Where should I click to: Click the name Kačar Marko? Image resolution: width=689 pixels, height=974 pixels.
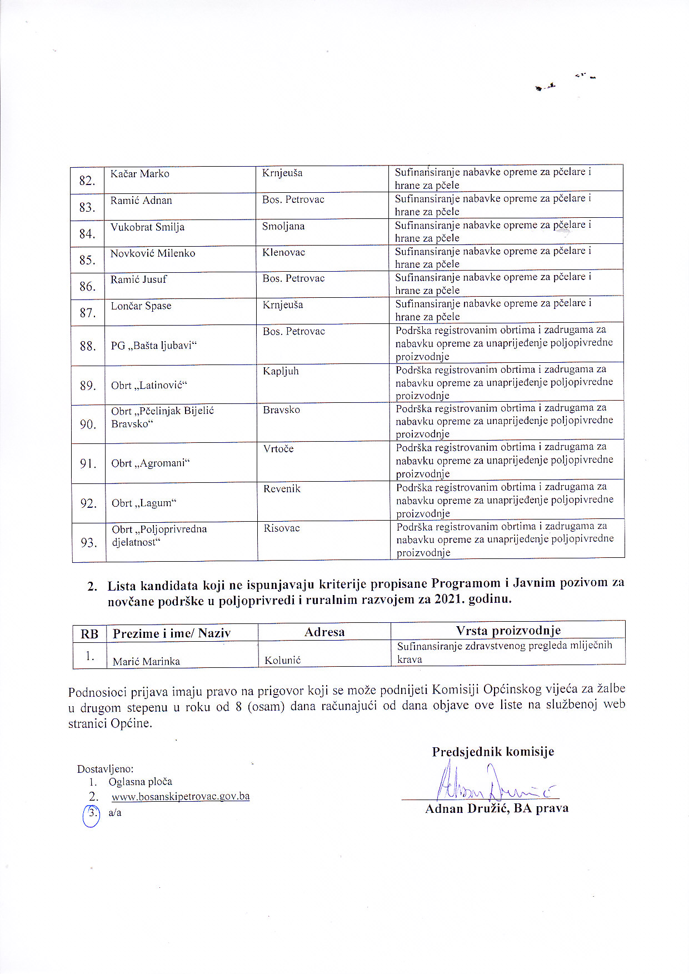tap(139, 174)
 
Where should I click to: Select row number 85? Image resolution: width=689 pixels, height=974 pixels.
tap(87, 260)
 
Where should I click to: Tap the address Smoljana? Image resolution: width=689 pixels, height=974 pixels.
tap(283, 227)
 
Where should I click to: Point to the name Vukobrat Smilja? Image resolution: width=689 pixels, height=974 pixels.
tap(147, 227)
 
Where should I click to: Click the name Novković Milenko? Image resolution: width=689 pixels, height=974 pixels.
tap(153, 253)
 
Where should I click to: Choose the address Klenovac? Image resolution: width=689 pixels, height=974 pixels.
tap(284, 253)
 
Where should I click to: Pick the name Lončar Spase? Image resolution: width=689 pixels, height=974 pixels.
tap(141, 306)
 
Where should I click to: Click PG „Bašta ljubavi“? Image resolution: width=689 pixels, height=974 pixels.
tap(154, 346)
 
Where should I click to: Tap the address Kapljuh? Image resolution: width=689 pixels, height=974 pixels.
tap(281, 371)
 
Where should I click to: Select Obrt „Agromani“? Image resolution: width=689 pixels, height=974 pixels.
tap(151, 463)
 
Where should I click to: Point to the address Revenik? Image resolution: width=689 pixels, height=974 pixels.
tap(282, 489)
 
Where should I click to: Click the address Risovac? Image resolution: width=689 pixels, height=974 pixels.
tap(282, 528)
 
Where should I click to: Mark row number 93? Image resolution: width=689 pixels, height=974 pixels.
tap(88, 542)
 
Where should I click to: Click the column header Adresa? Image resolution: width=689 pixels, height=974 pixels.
tap(324, 632)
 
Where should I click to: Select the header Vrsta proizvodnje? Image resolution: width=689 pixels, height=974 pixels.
tap(508, 631)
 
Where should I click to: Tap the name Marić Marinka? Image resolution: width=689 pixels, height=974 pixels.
tap(146, 661)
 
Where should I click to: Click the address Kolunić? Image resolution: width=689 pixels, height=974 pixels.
tap(283, 660)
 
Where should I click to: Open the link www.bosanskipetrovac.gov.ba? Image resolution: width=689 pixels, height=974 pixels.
tap(181, 797)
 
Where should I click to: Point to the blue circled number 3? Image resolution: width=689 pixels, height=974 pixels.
tap(92, 815)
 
